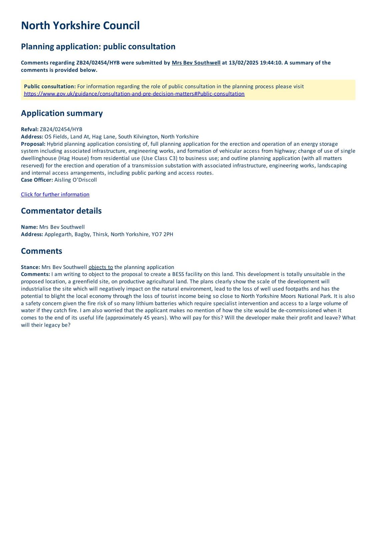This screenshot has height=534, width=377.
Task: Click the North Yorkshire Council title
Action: [x=80, y=26]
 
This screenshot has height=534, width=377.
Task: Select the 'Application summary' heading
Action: [x=62, y=113]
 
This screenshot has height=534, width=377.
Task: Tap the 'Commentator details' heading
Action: [x=61, y=211]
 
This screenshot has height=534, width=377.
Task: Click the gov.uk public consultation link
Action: [x=134, y=94]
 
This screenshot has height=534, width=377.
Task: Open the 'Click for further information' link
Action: [x=55, y=195]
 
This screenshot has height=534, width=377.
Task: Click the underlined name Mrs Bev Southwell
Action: [x=196, y=63]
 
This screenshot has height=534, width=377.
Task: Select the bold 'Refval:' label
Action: [x=30, y=129]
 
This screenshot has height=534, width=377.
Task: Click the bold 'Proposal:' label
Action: [x=33, y=144]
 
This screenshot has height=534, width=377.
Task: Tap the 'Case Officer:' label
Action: [x=37, y=180]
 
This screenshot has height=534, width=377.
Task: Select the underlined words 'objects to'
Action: [x=100, y=267]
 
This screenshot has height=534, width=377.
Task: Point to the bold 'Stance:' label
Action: [x=30, y=267]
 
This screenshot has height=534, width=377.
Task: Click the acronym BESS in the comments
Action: [x=178, y=274]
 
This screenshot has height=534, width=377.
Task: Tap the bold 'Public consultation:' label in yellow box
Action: [x=50, y=86]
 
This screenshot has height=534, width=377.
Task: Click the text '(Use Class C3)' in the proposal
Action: [x=159, y=158]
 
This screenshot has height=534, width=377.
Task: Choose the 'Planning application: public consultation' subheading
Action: [x=98, y=46]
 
